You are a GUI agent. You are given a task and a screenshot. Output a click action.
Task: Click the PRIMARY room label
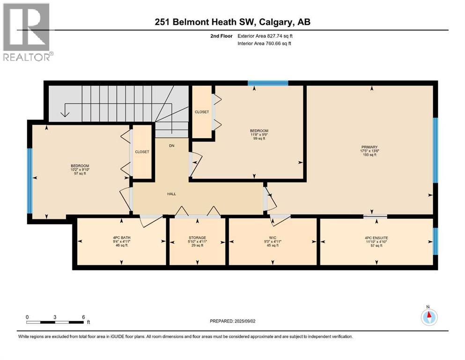pyautogui.click(x=369, y=147)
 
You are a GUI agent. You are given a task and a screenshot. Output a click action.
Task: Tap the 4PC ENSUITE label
pyautogui.click(x=376, y=238)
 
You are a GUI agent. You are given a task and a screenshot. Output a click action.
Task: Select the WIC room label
pyautogui.click(x=273, y=238)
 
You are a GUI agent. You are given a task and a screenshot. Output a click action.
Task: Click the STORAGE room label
pyautogui.click(x=197, y=238)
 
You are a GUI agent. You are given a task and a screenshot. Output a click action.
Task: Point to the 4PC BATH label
pyautogui.click(x=122, y=238)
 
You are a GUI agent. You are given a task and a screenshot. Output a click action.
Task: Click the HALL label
pyautogui.click(x=171, y=194)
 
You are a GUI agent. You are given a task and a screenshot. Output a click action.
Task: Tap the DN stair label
pyautogui.click(x=172, y=146)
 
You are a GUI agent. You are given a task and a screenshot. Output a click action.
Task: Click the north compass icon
pyautogui.click(x=429, y=317)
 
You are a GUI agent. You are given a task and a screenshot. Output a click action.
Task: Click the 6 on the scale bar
pyautogui.click(x=83, y=317)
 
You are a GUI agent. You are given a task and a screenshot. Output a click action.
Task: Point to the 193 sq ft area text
pyautogui.click(x=369, y=155)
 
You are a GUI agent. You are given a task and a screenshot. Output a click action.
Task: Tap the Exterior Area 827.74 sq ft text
pyautogui.click(x=265, y=36)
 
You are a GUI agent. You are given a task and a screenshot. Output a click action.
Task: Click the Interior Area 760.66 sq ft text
pyautogui.click(x=264, y=43)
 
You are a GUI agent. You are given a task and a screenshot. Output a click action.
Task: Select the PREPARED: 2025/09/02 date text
pyautogui.click(x=232, y=321)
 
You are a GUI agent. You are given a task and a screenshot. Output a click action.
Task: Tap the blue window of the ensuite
pyautogui.click(x=435, y=241)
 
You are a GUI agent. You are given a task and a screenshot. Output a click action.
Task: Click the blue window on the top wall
pyautogui.click(x=268, y=83)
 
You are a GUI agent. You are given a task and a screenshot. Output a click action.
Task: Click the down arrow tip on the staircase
pyautogui.click(x=65, y=117)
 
